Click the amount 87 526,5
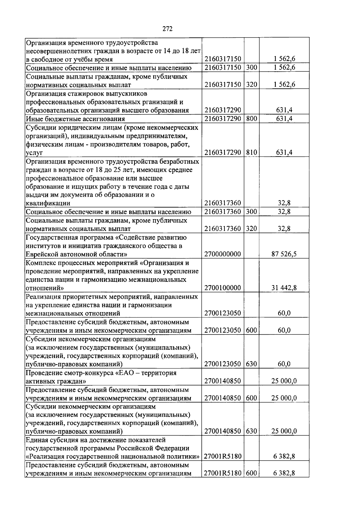pos(284,254)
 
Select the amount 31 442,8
pos(284,288)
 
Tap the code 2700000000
pos(223,254)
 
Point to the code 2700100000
pos(223,288)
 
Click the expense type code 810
pos(251,153)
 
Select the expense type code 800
pos(251,119)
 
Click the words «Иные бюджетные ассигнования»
pos(75,119)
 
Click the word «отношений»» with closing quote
pos(45,288)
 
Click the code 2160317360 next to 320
pos(223,229)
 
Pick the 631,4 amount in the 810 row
pos(284,153)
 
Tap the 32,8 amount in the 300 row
pos(284,212)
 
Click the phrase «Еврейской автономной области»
pos(75,254)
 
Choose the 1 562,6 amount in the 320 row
pos(284,85)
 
